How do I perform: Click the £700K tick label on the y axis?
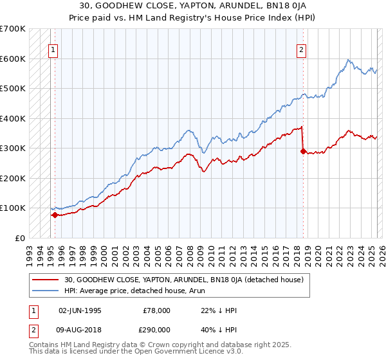[13, 29]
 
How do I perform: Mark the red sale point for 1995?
[55, 215]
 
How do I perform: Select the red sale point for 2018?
[303, 152]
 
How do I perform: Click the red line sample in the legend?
[46, 279]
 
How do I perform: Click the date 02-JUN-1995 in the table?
[80, 310]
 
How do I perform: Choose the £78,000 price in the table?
[156, 310]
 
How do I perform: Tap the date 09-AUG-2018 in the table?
[80, 329]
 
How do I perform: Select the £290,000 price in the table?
[156, 329]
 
